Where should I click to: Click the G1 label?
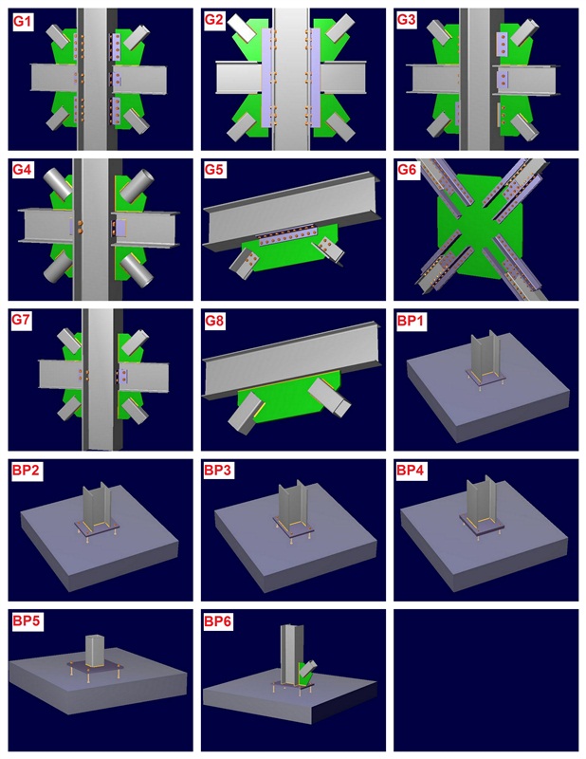click(23, 22)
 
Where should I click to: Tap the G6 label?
click(407, 170)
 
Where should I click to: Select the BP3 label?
click(218, 470)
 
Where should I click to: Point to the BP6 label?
click(218, 621)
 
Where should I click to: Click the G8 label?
click(215, 321)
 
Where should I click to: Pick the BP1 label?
click(411, 321)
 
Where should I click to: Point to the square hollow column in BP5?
click(96, 651)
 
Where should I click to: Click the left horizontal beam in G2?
click(239, 78)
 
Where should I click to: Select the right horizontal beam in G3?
click(526, 80)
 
